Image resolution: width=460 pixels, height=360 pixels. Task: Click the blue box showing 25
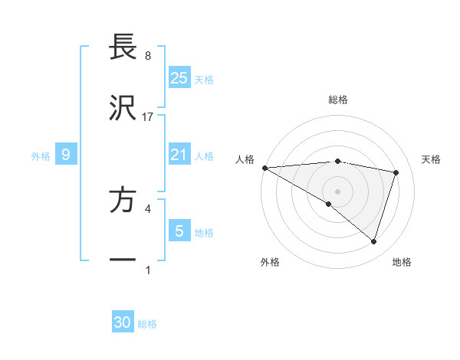[x=179, y=78]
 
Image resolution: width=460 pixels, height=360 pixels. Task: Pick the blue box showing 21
[x=179, y=155]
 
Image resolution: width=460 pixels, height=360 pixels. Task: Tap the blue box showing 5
[x=179, y=231]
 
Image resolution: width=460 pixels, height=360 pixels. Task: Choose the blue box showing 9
[x=66, y=155]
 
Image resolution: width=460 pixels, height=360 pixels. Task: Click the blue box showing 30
[x=123, y=323]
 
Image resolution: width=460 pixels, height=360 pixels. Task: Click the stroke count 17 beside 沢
[x=148, y=116]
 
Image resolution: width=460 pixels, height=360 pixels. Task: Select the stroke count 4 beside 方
[x=147, y=208]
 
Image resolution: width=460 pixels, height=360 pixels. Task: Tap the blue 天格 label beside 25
[x=204, y=79]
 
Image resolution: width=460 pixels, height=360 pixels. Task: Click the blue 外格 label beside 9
[x=41, y=155]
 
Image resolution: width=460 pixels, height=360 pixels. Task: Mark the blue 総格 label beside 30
[x=147, y=324]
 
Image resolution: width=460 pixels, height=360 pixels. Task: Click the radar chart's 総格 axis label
[x=338, y=100]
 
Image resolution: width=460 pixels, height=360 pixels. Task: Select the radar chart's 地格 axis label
[x=402, y=262]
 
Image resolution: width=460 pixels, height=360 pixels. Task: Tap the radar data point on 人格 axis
[x=264, y=168]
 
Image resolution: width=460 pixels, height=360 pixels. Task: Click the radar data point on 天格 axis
[x=396, y=172]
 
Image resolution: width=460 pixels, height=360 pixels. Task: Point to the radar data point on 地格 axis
[x=373, y=242]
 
